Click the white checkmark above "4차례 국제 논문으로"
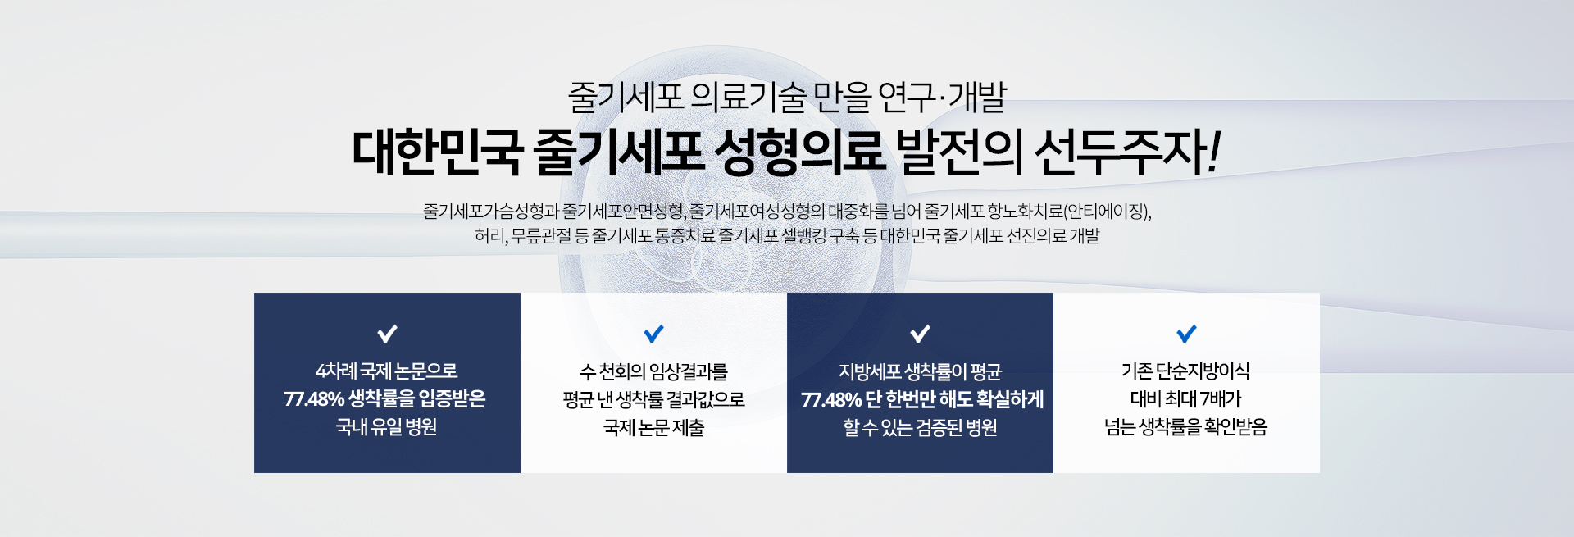coord(387,334)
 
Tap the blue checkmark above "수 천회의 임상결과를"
coord(653,334)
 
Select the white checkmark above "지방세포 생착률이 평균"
coord(920,334)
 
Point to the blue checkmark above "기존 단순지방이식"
coord(1186,334)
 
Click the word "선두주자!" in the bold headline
coord(1128,152)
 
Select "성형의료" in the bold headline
coord(800,152)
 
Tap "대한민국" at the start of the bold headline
coord(437,152)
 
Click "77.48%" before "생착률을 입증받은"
coord(314,399)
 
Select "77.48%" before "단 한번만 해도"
coord(831,399)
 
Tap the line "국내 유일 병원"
coord(387,427)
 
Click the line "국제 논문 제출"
coord(653,427)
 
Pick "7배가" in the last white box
coord(1221,399)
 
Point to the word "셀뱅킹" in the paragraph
coord(803,236)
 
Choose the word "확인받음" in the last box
coord(1235,427)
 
